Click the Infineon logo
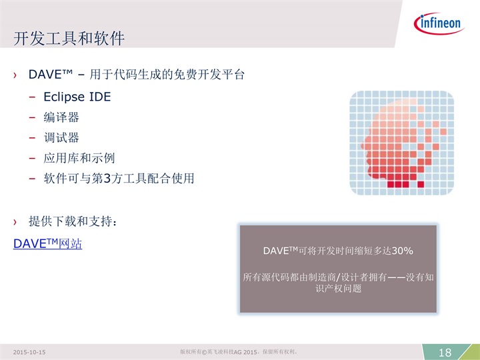439,23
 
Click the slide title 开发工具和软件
69,39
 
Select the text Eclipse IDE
77,97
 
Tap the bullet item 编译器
61,117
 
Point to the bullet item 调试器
61,138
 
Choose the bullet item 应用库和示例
79,158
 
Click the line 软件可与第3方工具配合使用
119,178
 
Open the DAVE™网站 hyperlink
47,244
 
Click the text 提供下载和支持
71,221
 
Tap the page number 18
445,353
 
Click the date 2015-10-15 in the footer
29,353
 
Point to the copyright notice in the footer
239,352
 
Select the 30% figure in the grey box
402,251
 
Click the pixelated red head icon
401,143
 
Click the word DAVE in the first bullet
45,75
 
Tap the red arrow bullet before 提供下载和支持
15,221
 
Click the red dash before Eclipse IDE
32,97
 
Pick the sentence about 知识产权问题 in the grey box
338,283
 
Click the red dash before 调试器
32,138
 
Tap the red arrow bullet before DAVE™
15,75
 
